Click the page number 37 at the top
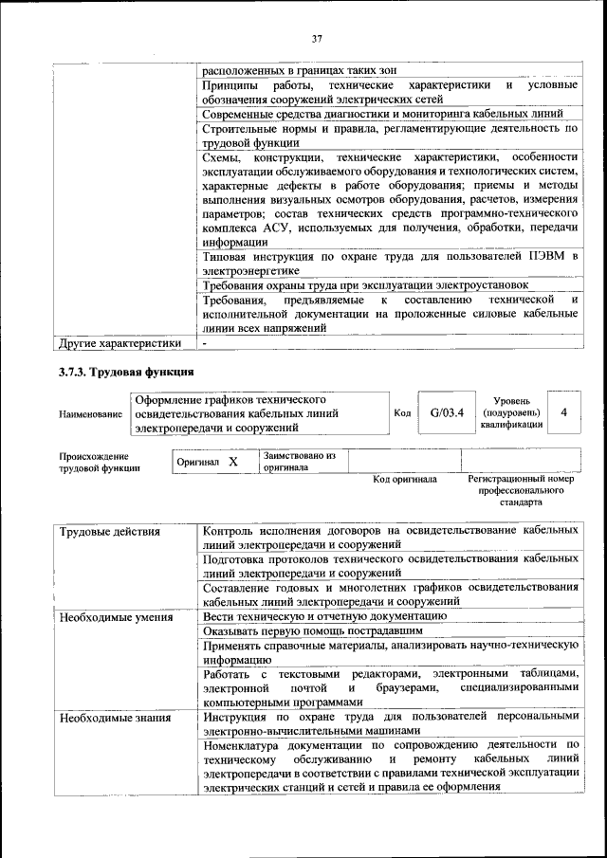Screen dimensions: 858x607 coord(317,39)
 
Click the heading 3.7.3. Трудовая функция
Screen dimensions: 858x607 coord(126,373)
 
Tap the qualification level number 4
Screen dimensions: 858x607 coord(564,413)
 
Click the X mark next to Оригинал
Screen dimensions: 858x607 coord(233,462)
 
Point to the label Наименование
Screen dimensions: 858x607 coord(90,414)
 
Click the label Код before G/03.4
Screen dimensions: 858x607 coord(402,413)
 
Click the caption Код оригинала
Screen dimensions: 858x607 coord(405,480)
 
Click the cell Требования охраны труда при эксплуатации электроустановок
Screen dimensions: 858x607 coord(365,285)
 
